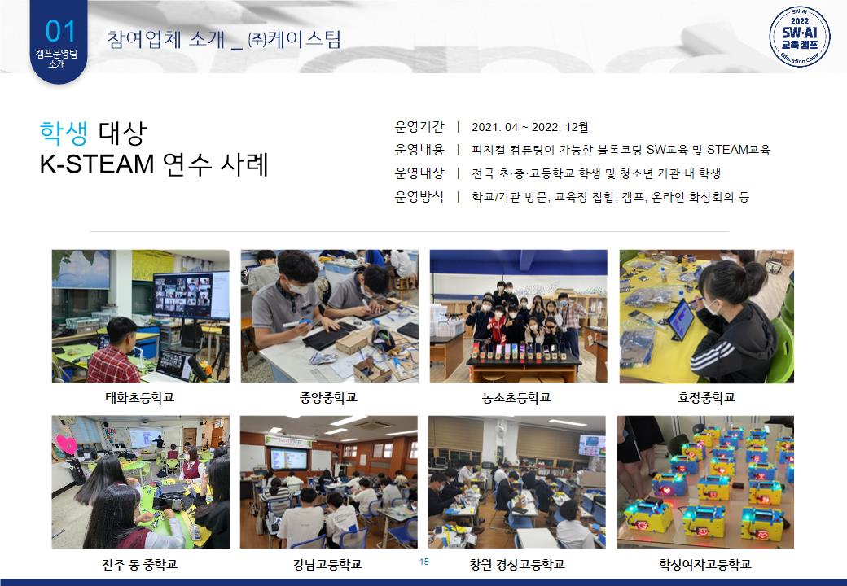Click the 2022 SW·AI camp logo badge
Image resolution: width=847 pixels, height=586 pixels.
(800, 37)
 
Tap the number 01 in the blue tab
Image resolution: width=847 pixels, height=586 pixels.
(60, 31)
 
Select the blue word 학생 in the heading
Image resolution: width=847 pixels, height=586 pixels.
(64, 133)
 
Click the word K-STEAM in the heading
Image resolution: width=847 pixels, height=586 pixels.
(97, 164)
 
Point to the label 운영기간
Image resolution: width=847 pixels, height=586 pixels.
(419, 127)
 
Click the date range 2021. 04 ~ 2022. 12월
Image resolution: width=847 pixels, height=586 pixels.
(530, 127)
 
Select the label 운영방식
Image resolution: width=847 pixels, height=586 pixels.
(419, 196)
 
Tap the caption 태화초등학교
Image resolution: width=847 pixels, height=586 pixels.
(139, 398)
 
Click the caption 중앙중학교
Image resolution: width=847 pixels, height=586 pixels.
(328, 398)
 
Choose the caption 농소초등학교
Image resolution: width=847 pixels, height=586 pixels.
(516, 398)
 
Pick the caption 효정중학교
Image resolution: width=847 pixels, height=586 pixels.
(707, 398)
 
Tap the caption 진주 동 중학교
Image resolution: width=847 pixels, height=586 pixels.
(139, 564)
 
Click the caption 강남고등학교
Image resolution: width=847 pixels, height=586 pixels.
(327, 564)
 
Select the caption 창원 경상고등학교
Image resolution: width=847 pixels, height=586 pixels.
(517, 564)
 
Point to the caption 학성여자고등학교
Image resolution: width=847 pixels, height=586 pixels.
(705, 564)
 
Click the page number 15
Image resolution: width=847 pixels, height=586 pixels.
(424, 562)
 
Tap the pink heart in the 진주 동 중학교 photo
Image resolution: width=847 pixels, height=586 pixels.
(66, 444)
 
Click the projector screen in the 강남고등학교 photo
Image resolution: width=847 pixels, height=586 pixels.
(288, 459)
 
